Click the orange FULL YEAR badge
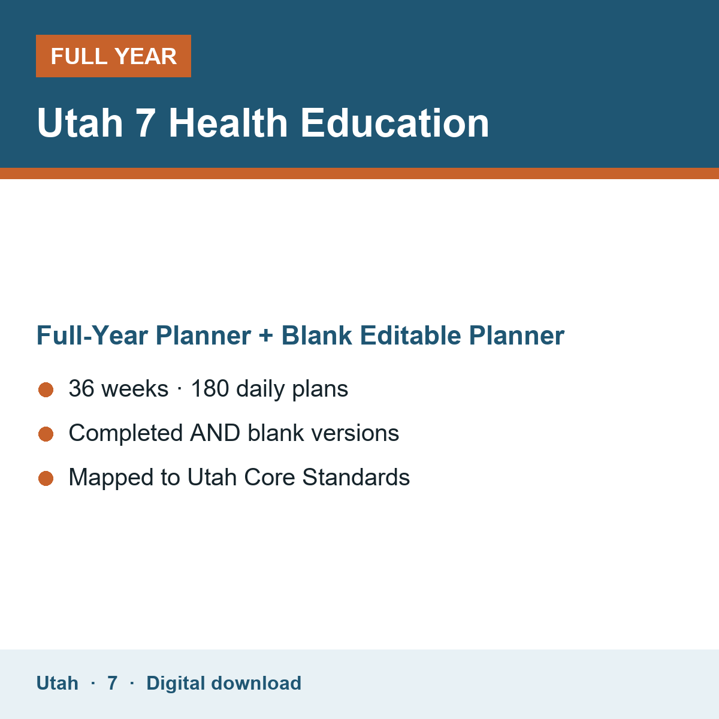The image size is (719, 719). click(x=113, y=56)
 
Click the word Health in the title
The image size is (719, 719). click(x=228, y=123)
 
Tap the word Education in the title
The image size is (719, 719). click(x=395, y=123)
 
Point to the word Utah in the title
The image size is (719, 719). click(x=80, y=123)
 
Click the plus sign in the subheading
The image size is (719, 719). click(x=266, y=336)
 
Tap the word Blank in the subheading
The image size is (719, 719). click(x=316, y=336)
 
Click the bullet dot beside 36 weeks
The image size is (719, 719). click(x=46, y=390)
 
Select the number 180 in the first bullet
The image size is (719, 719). click(x=210, y=388)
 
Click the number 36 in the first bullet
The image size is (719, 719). click(x=81, y=388)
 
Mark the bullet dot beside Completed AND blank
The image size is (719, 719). click(x=46, y=434)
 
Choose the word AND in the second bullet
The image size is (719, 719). click(x=215, y=433)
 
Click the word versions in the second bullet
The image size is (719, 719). click(x=355, y=433)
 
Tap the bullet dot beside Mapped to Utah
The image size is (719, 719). click(x=46, y=478)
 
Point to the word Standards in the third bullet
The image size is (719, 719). click(x=356, y=477)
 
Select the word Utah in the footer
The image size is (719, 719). click(x=57, y=683)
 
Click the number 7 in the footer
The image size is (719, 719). click(x=112, y=683)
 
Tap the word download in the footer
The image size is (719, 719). click(x=256, y=683)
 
